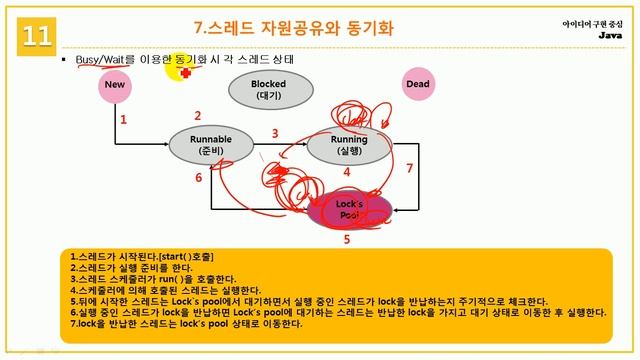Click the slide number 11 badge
(37, 36)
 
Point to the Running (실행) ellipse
(347, 145)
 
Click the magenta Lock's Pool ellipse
(348, 209)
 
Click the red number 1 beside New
(123, 120)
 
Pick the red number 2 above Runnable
(198, 116)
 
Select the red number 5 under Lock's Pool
(347, 240)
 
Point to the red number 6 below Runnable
(198, 178)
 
